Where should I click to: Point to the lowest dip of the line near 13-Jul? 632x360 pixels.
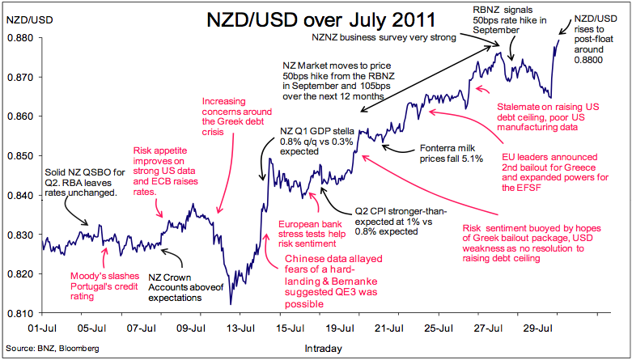pyautogui.click(x=231, y=304)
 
